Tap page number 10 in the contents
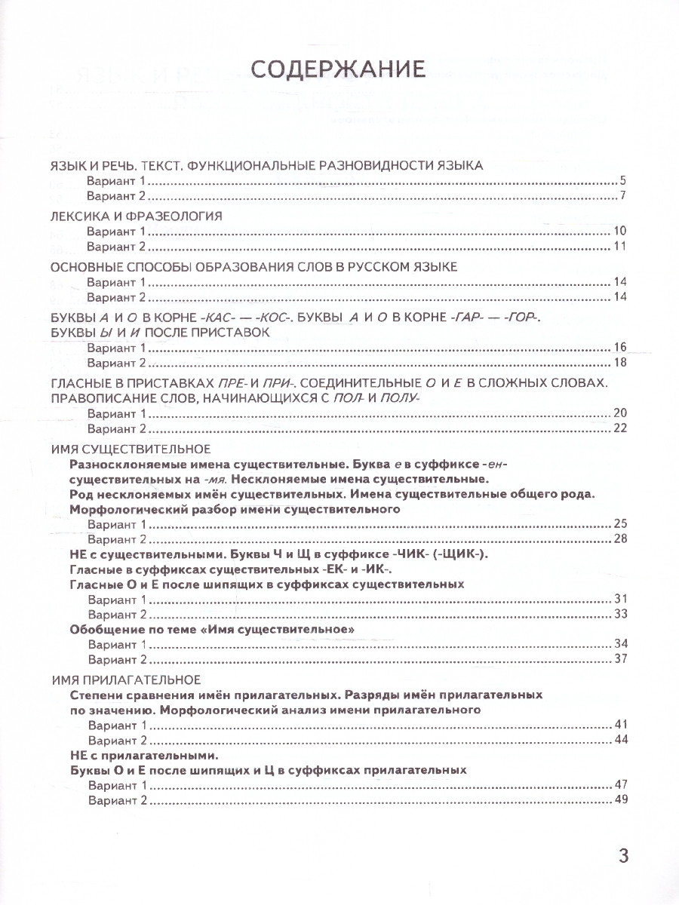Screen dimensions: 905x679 click(621, 232)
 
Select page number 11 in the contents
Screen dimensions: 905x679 click(621, 247)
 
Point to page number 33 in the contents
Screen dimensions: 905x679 click(621, 614)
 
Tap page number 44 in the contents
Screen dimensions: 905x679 click(621, 739)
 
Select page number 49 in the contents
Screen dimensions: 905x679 click(621, 799)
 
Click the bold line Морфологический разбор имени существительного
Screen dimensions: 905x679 click(234, 510)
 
